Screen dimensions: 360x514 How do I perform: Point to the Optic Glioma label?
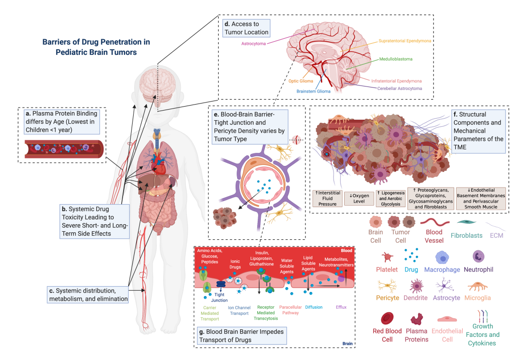click(x=300, y=80)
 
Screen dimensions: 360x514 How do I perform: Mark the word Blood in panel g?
click(x=346, y=250)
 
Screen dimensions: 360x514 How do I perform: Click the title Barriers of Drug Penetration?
click(x=96, y=47)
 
